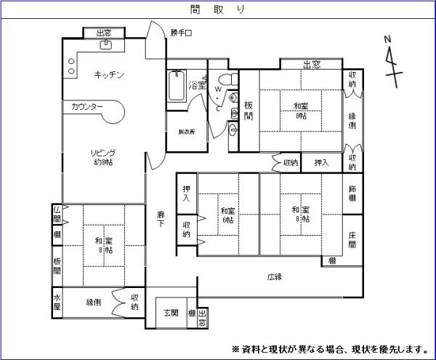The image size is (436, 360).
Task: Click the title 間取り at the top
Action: (x=217, y=9)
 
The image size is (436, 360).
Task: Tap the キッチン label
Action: (x=110, y=75)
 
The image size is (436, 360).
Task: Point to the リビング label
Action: (x=103, y=156)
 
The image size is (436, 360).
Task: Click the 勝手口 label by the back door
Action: (x=180, y=33)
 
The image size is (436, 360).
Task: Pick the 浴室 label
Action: (x=197, y=85)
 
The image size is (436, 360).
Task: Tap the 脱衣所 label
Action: (x=187, y=132)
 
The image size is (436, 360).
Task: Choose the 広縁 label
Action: (x=274, y=276)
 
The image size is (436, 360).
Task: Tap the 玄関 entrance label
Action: (x=171, y=313)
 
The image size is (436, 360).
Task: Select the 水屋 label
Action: (x=57, y=302)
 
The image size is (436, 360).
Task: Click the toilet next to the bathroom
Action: (x=224, y=78)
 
